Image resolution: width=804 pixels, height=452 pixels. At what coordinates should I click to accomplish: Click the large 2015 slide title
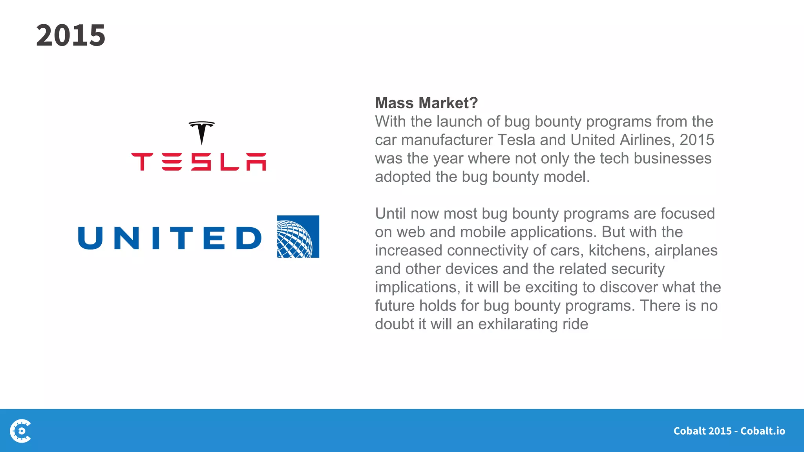(x=71, y=35)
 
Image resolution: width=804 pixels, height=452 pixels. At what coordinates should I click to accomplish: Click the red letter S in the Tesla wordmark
(x=201, y=162)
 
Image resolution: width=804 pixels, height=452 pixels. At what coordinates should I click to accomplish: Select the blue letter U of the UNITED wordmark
(x=91, y=238)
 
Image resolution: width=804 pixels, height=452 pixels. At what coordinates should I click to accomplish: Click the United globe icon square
(x=298, y=237)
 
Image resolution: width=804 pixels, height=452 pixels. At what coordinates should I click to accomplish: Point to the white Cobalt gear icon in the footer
(x=21, y=431)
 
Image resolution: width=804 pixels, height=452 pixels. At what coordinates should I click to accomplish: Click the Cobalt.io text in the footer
(x=762, y=431)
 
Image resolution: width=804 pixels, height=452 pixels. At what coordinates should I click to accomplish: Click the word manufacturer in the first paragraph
(x=447, y=140)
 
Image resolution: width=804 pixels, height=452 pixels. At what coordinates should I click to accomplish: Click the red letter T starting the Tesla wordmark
(x=142, y=162)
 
